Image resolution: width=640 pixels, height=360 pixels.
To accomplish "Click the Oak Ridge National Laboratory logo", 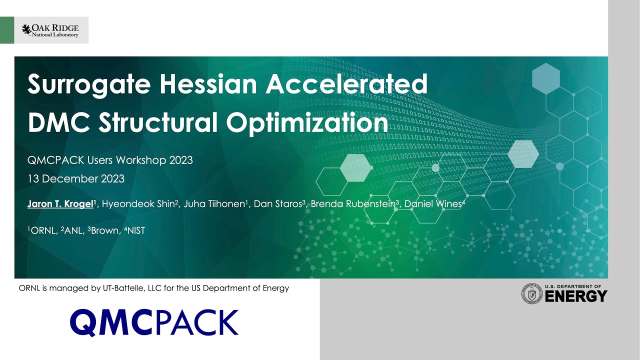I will [50, 30].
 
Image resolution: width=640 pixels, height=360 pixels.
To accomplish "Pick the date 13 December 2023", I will [76, 178].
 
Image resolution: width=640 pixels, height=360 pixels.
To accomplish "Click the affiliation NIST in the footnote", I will [135, 231].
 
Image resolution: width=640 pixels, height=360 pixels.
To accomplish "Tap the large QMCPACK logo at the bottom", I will [154, 322].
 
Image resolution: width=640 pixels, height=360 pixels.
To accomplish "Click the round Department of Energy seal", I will [532, 293].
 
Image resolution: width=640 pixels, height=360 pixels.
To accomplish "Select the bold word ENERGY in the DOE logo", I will [575, 296].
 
